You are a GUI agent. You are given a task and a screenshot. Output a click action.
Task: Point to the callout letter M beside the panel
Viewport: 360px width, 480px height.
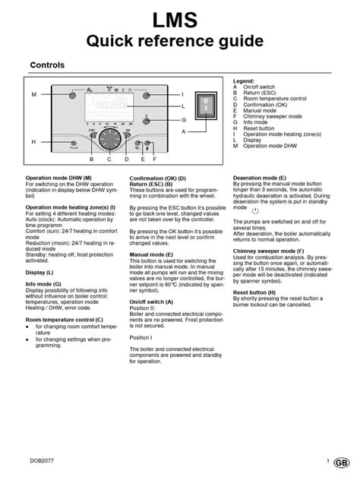coord(33,94)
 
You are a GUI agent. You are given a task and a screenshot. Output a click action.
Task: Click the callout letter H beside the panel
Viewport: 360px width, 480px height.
coord(33,142)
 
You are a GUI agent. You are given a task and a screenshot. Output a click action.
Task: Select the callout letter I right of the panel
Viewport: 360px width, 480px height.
coord(183,95)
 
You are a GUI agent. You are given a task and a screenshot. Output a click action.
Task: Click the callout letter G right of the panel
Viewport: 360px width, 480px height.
coord(183,120)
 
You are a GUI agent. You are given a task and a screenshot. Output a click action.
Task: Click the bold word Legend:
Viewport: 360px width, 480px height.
coord(245,80)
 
